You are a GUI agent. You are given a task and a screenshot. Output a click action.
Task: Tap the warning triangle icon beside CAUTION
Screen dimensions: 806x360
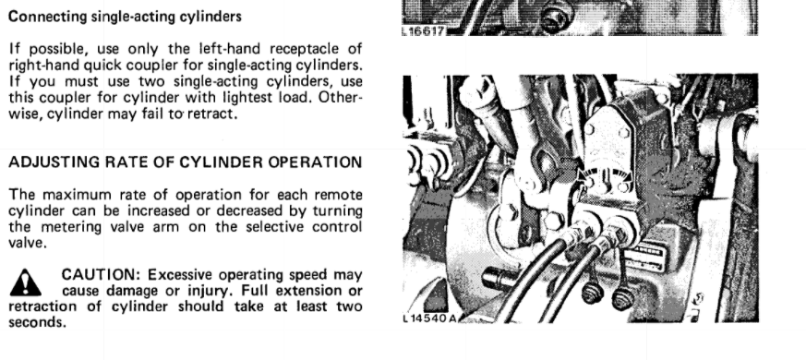pyautogui.click(x=25, y=282)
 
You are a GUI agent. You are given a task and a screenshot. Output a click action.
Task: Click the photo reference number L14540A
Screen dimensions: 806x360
pyautogui.click(x=429, y=318)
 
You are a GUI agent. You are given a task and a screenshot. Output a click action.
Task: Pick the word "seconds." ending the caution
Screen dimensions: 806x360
pyautogui.click(x=38, y=322)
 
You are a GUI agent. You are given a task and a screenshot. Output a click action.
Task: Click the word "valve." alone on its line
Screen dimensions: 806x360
pyautogui.click(x=28, y=243)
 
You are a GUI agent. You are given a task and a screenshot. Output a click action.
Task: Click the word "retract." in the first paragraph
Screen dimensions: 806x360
pyautogui.click(x=212, y=114)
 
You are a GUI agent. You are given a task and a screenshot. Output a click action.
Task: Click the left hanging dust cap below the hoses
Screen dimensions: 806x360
pyautogui.click(x=592, y=293)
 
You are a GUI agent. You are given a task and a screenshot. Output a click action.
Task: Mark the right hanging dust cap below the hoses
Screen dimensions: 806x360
pyautogui.click(x=622, y=297)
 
